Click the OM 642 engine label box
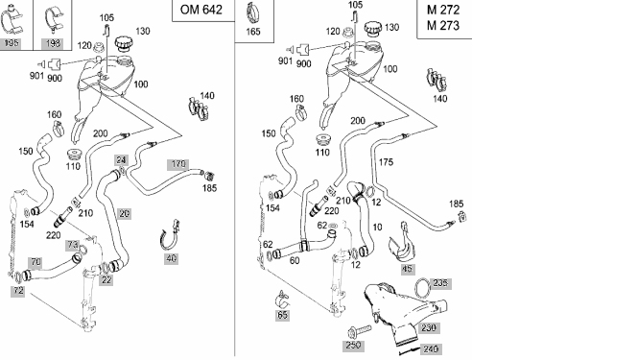[x=203, y=11]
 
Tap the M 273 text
[x=443, y=26]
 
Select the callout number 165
[x=253, y=32]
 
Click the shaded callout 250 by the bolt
[x=353, y=346]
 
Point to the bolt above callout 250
[x=359, y=330]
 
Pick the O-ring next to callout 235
[x=422, y=289]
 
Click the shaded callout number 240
[x=430, y=349]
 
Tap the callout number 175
[x=386, y=162]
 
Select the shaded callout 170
[x=177, y=164]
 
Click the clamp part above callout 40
[x=169, y=235]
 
